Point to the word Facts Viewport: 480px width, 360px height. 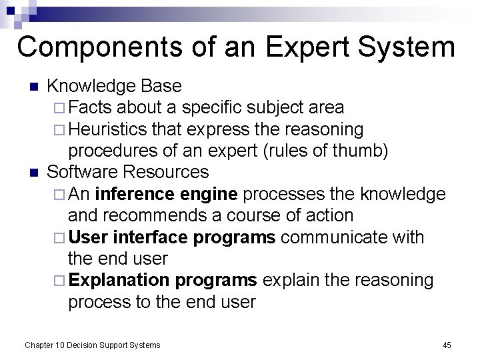click(x=92, y=107)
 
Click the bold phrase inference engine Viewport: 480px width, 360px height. click(x=167, y=194)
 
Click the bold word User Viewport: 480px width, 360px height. click(x=89, y=237)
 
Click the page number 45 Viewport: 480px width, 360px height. click(x=447, y=345)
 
